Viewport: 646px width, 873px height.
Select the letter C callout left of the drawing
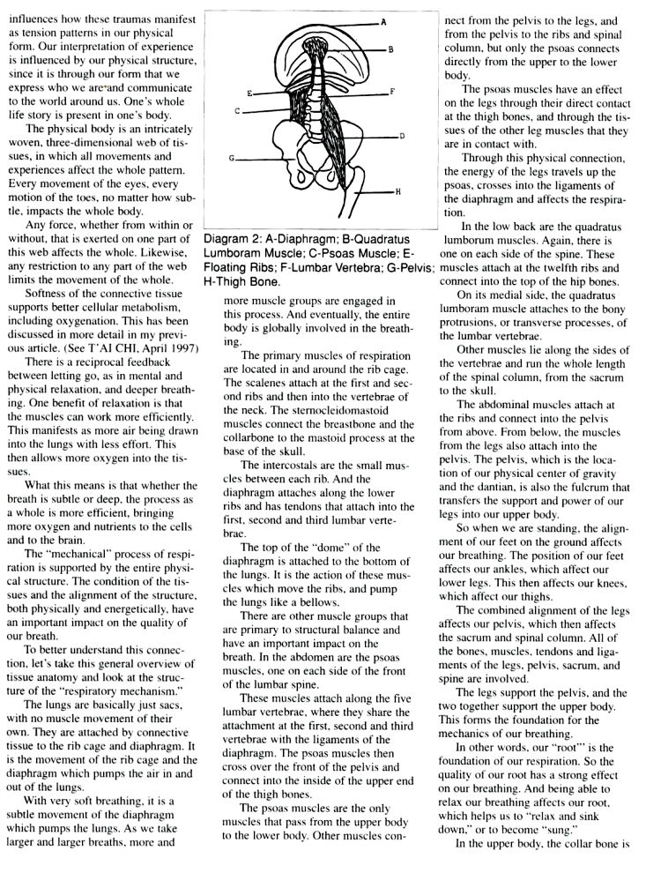[237, 112]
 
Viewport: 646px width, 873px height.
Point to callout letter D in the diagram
[401, 136]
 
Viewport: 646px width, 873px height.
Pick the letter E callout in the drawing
[249, 92]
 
